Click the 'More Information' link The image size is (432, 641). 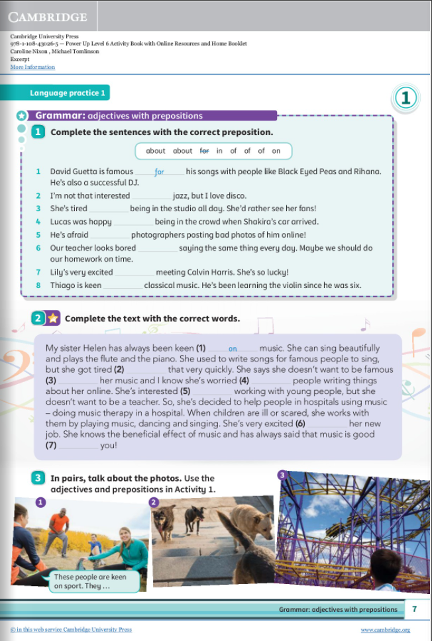coord(32,68)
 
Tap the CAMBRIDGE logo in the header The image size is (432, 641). coord(48,17)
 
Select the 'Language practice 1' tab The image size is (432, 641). coord(68,93)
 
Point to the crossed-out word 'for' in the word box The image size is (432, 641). coord(205,151)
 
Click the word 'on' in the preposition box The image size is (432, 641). coord(276,151)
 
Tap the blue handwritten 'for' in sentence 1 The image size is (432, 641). coord(159,172)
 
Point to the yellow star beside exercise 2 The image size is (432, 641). coord(52,319)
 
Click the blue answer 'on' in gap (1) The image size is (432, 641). coord(233,348)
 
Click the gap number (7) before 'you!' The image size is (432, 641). coord(52,446)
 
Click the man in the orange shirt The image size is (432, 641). coord(59,530)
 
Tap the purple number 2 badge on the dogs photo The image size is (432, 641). coord(154,503)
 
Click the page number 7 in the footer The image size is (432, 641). coord(414,609)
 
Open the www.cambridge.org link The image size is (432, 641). coord(385,630)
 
